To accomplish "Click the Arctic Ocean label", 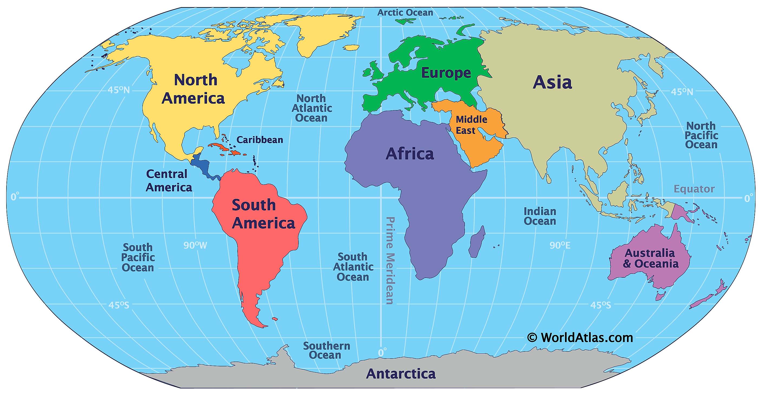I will (x=405, y=13).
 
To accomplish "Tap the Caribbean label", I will (x=260, y=140).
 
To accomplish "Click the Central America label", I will (x=168, y=181).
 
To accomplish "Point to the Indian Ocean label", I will (x=540, y=216).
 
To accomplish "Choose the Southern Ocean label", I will (x=326, y=350).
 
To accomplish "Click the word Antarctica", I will (x=400, y=374).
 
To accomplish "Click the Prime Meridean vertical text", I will (x=390, y=260).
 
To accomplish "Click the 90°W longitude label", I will (x=195, y=245).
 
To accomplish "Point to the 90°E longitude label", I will (x=560, y=245).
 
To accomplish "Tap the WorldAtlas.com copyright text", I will (x=580, y=337).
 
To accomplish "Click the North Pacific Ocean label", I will (x=701, y=135).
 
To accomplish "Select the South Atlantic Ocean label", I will (x=353, y=267).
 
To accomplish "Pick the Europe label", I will (x=446, y=73).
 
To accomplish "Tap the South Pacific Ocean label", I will (x=138, y=257).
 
